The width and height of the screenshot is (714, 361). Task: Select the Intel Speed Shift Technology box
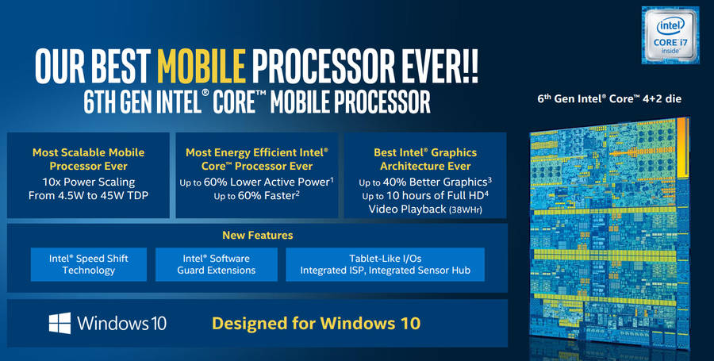[x=89, y=264]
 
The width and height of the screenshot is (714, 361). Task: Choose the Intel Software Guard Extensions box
[x=217, y=264]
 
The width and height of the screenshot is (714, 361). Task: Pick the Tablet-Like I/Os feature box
[x=385, y=264]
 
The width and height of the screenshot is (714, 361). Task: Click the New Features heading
[x=258, y=236]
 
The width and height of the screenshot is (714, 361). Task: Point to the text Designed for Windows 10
[x=316, y=324]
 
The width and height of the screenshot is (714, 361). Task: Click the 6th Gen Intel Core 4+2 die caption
[x=608, y=99]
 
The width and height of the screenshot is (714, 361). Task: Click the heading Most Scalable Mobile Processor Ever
[x=88, y=159]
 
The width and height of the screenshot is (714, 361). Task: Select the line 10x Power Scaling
[x=88, y=181]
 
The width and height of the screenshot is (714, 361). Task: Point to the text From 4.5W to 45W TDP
[x=88, y=195]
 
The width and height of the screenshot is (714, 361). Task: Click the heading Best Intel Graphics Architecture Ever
[x=424, y=159]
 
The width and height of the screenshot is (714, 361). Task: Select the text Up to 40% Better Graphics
[x=424, y=181]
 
